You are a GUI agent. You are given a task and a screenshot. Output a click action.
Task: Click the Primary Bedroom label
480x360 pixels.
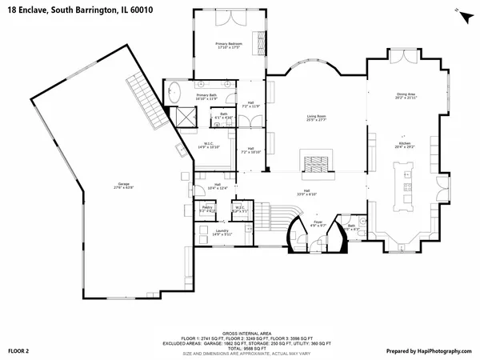[228, 45]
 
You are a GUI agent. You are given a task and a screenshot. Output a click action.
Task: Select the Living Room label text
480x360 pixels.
[317, 118]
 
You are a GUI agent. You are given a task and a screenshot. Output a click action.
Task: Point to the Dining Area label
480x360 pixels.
[406, 95]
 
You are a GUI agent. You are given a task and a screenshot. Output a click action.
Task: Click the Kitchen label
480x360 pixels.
[406, 146]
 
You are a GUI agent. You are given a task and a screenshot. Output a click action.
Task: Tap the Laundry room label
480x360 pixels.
[222, 231]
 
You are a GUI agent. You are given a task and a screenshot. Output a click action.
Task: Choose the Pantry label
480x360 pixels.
[206, 209]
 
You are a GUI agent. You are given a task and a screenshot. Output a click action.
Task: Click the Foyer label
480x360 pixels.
[318, 225]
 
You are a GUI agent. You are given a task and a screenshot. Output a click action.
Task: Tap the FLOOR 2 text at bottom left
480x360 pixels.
[18, 350]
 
